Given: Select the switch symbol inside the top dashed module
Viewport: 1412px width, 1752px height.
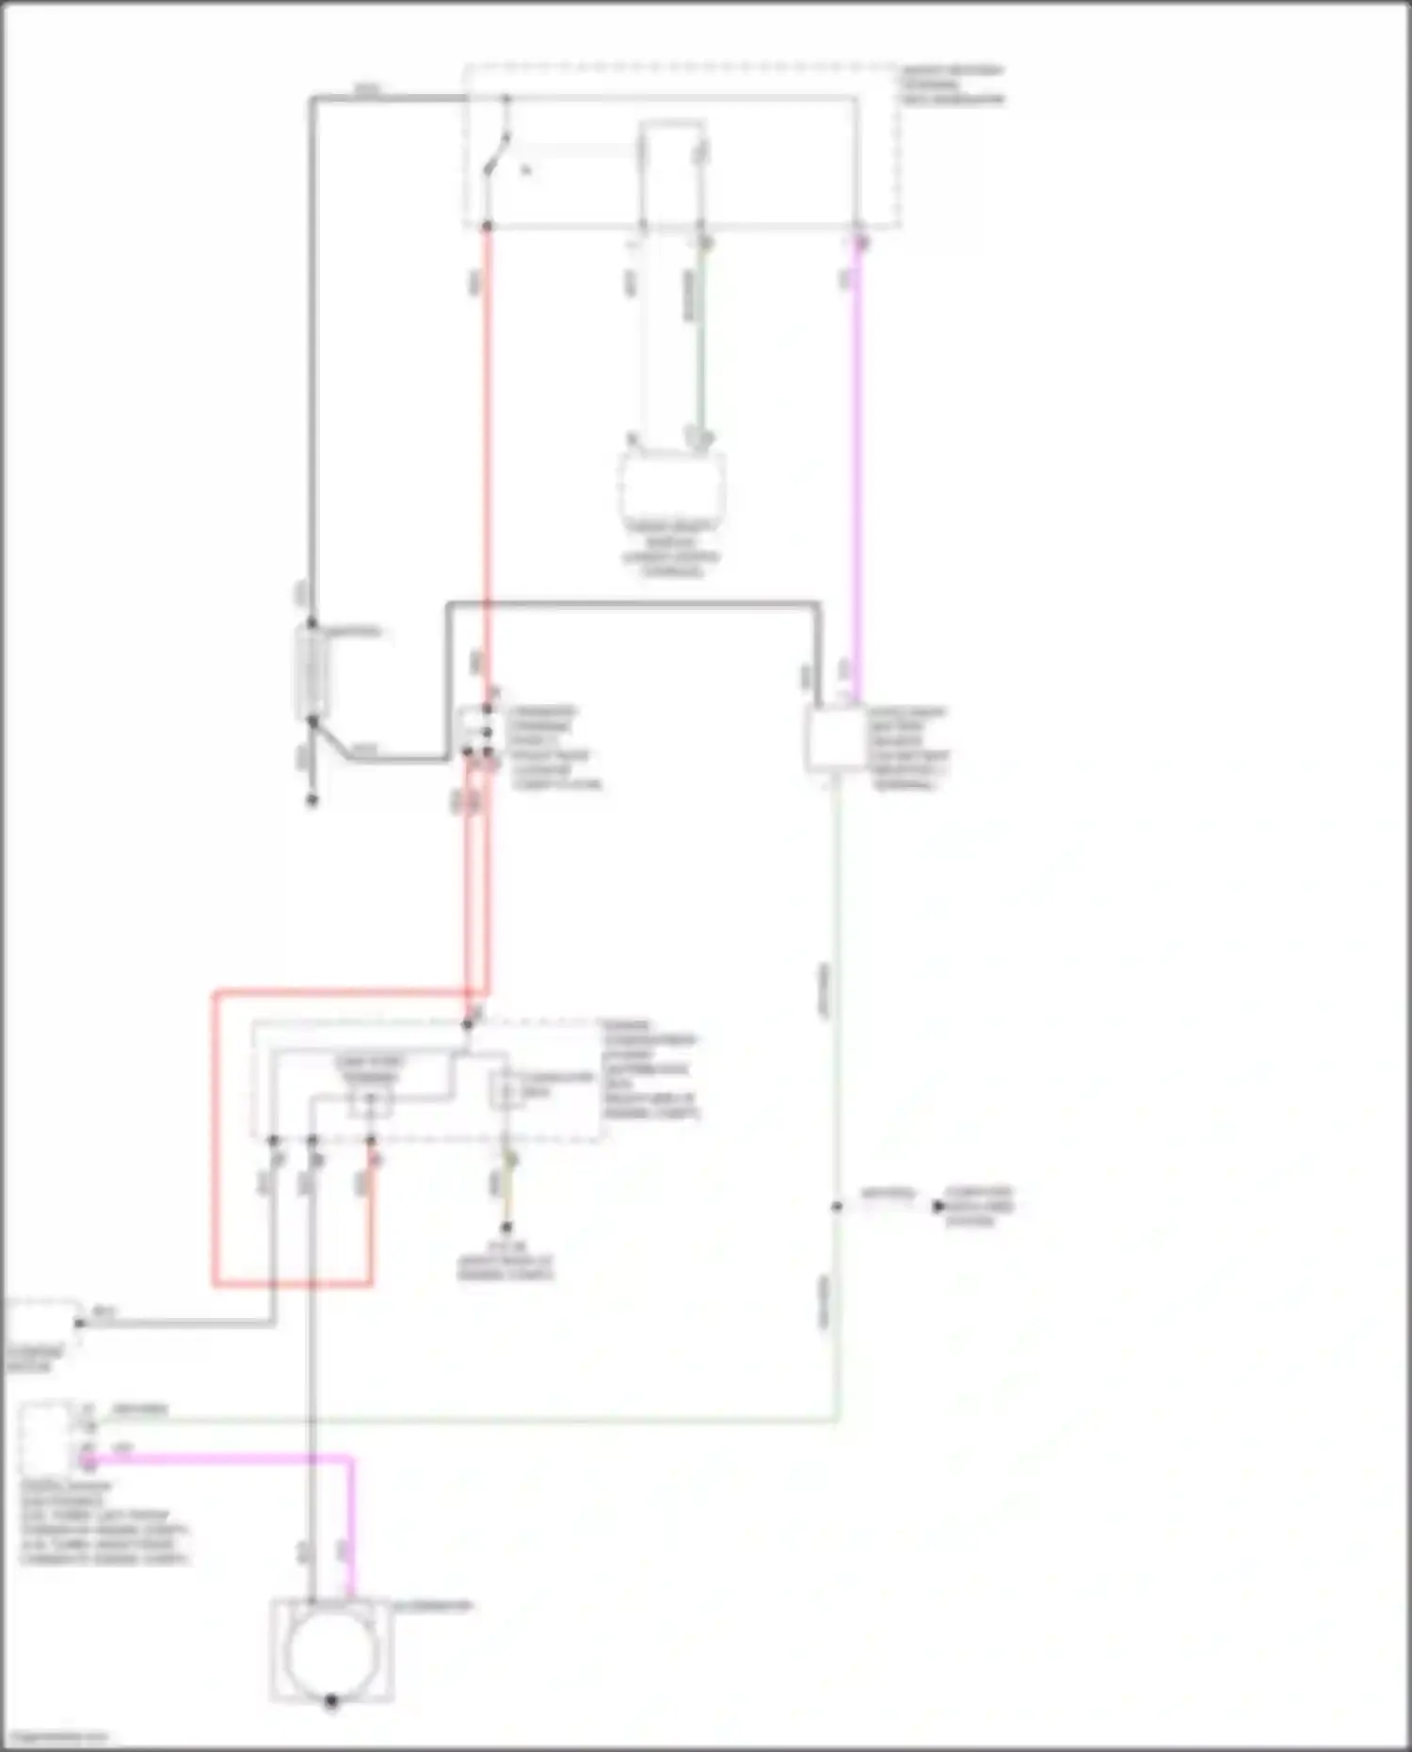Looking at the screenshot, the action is click(496, 155).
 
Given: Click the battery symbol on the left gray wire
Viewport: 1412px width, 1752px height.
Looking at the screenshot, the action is click(312, 671).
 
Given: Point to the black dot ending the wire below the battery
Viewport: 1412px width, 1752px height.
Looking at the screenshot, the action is click(313, 800).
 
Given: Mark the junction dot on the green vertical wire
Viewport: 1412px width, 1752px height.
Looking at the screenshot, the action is click(837, 1206).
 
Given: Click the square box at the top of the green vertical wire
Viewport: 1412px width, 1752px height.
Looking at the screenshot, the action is click(835, 740).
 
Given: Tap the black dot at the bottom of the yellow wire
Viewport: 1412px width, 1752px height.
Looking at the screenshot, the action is click(506, 1228).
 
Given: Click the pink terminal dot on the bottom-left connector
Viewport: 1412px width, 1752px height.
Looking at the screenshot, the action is click(87, 1461).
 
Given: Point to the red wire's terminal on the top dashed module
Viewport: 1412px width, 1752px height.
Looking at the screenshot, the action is click(487, 227).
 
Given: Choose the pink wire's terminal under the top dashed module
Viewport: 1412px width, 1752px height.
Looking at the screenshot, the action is click(858, 242).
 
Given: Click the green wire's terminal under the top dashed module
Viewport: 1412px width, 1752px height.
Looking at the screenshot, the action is click(702, 242).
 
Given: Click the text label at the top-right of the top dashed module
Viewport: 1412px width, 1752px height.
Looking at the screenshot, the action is click(952, 84).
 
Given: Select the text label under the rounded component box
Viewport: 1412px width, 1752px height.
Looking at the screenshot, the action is click(671, 549).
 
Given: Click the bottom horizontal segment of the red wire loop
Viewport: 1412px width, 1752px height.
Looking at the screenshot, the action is click(292, 1283).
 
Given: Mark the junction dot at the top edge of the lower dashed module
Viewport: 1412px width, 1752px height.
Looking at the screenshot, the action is click(468, 1023).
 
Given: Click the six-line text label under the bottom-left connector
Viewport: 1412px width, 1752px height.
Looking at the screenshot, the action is click(104, 1522).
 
